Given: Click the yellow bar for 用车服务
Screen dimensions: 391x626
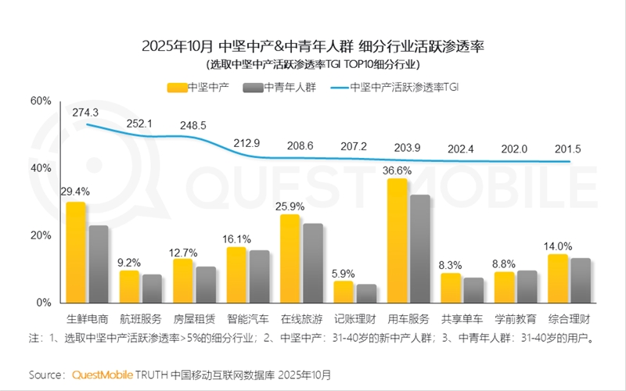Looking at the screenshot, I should (x=398, y=240).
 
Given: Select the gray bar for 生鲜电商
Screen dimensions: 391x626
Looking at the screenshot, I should (x=99, y=264).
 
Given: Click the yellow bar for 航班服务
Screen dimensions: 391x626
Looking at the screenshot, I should (x=129, y=286).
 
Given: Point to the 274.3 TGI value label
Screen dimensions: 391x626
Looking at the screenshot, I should (x=85, y=113).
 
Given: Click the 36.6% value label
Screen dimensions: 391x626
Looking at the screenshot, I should (x=398, y=170).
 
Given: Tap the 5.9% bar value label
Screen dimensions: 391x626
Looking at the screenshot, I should (x=344, y=273).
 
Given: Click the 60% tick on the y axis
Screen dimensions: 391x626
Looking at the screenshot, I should (x=41, y=101).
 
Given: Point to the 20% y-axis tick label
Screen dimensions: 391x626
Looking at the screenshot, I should (x=41, y=235).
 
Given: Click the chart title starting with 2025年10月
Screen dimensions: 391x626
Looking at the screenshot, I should (x=313, y=45).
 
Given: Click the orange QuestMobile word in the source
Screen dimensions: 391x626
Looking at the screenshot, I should (x=102, y=375).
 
